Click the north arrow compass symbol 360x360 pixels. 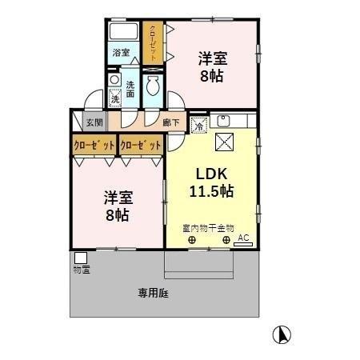(282, 334)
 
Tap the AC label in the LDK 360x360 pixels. (242, 237)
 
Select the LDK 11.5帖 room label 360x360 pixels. (211, 183)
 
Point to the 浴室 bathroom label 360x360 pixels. (120, 54)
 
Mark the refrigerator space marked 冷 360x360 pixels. (198, 124)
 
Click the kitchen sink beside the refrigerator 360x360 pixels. (222, 122)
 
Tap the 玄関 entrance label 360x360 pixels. (94, 122)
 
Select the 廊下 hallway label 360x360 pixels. (170, 122)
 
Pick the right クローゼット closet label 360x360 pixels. (141, 145)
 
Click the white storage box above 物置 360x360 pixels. (80, 258)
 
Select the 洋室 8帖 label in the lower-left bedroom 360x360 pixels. (117, 206)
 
